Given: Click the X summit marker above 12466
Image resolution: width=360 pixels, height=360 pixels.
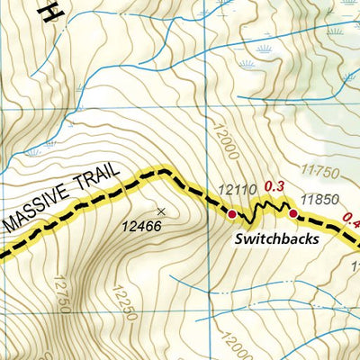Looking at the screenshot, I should (161, 211).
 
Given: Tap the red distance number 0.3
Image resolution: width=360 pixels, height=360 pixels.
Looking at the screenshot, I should (274, 186).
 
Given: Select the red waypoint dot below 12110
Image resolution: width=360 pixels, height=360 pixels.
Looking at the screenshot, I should (232, 214).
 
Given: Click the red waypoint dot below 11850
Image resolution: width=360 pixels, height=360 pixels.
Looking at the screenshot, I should (292, 213).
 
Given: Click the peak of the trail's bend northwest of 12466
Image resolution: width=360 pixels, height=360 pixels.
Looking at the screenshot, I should (162, 169).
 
